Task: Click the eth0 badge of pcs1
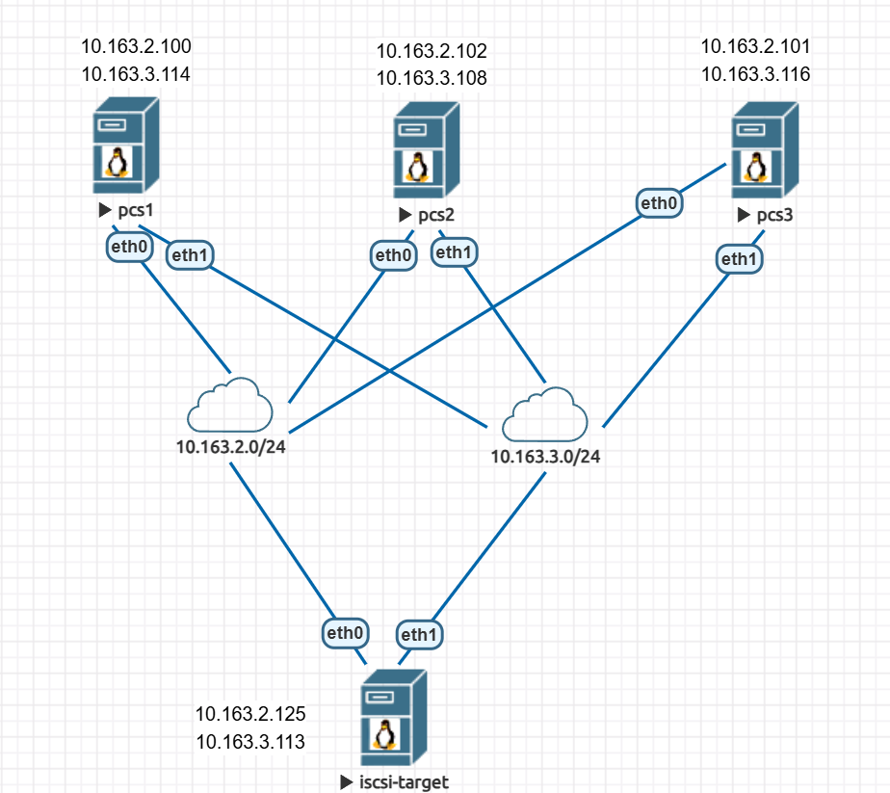(x=129, y=248)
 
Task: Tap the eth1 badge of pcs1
(x=190, y=255)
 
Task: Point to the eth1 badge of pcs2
(x=454, y=252)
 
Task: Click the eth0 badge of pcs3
(x=660, y=203)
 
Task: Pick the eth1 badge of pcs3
(x=738, y=258)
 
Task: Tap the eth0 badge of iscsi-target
(x=344, y=633)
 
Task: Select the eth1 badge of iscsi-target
(x=420, y=634)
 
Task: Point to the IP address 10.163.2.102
(x=432, y=51)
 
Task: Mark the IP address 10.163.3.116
(x=755, y=73)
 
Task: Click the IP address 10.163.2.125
(x=250, y=714)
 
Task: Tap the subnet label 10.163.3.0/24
(x=545, y=457)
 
